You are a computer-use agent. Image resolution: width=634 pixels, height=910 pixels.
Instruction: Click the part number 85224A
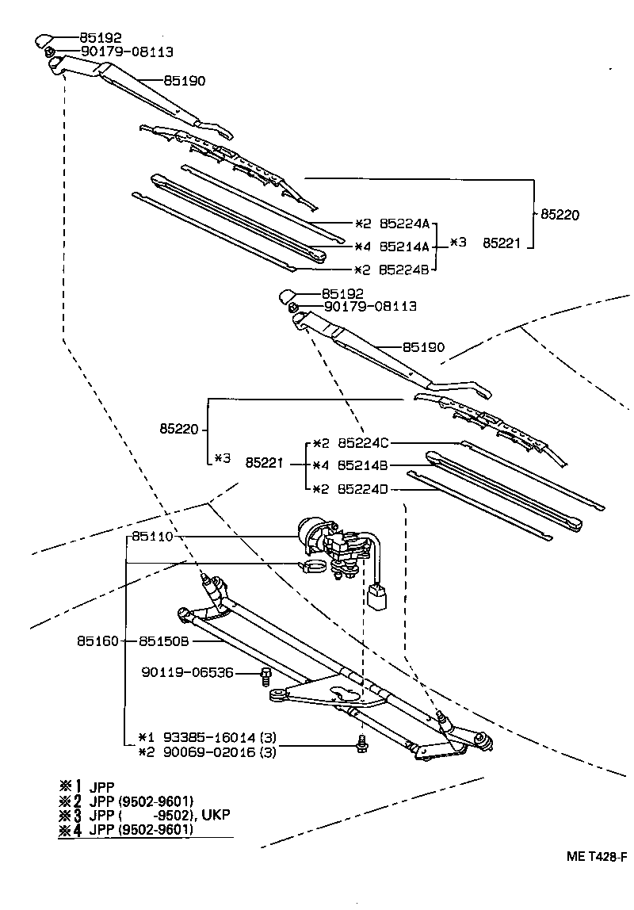click(x=404, y=224)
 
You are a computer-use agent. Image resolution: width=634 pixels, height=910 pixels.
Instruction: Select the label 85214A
click(x=404, y=247)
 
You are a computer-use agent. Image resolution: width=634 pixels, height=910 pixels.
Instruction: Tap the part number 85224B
click(x=404, y=270)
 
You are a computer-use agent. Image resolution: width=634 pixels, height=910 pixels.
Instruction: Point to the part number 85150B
click(x=164, y=640)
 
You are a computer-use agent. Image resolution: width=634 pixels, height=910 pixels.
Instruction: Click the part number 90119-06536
click(x=188, y=672)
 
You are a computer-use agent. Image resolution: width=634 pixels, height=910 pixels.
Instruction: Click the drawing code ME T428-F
click(x=597, y=857)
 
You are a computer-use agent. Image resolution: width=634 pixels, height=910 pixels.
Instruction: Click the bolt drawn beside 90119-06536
click(x=266, y=676)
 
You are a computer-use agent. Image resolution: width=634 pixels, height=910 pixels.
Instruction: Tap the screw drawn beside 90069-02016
click(x=361, y=743)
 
